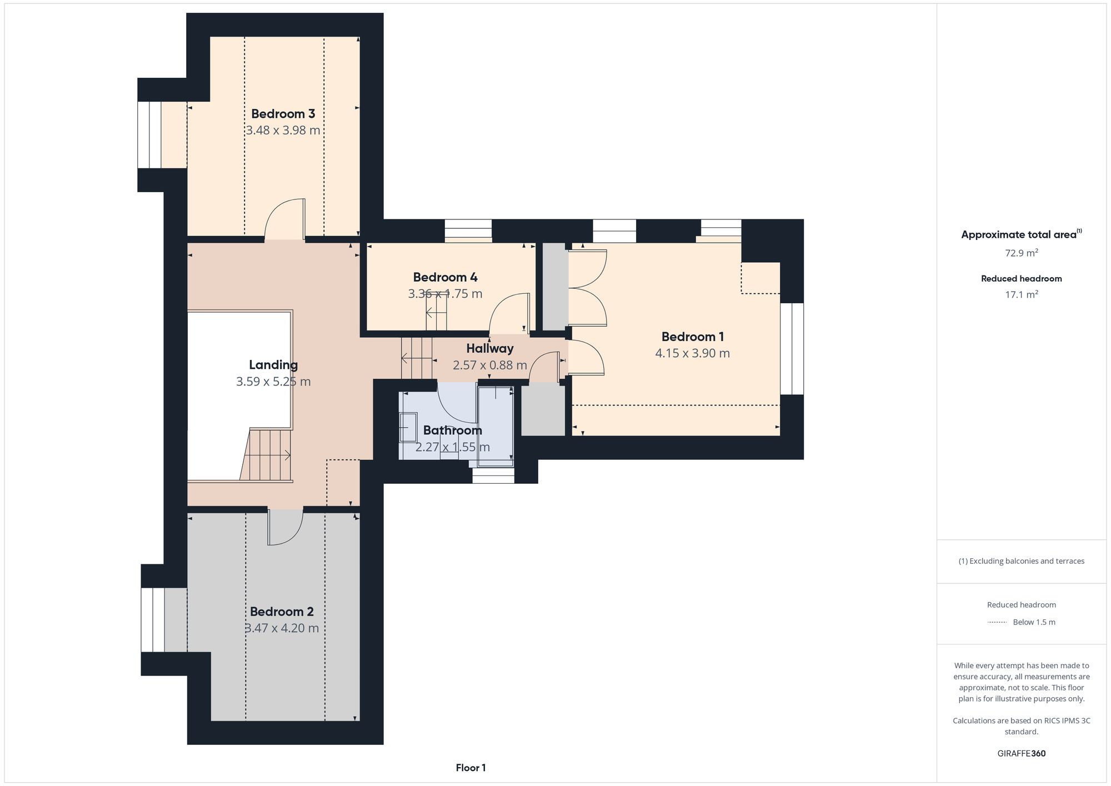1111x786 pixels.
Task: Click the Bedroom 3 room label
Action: click(x=283, y=114)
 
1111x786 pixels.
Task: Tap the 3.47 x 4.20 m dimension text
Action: click(x=282, y=628)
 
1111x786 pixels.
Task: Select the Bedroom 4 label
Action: click(x=445, y=277)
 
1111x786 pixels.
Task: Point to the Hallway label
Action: click(x=489, y=349)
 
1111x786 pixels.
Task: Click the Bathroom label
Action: click(x=452, y=430)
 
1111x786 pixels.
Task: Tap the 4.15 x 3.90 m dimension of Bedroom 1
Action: click(x=692, y=353)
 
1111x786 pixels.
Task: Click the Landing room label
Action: click(x=273, y=365)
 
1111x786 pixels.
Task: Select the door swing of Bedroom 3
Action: click(x=284, y=219)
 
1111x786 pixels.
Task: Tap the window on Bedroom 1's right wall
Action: click(x=792, y=349)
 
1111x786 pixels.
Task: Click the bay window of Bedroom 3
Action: click(x=149, y=134)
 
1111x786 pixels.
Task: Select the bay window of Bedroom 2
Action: click(x=153, y=620)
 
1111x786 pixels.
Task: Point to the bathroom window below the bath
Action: click(x=493, y=476)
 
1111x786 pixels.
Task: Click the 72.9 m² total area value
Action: click(x=1021, y=253)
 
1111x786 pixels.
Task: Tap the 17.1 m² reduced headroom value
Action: click(x=1021, y=295)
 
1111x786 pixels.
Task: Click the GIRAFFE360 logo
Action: click(x=1021, y=754)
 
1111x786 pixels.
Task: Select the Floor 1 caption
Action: click(x=471, y=768)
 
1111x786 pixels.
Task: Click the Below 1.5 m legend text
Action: click(x=1034, y=622)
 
